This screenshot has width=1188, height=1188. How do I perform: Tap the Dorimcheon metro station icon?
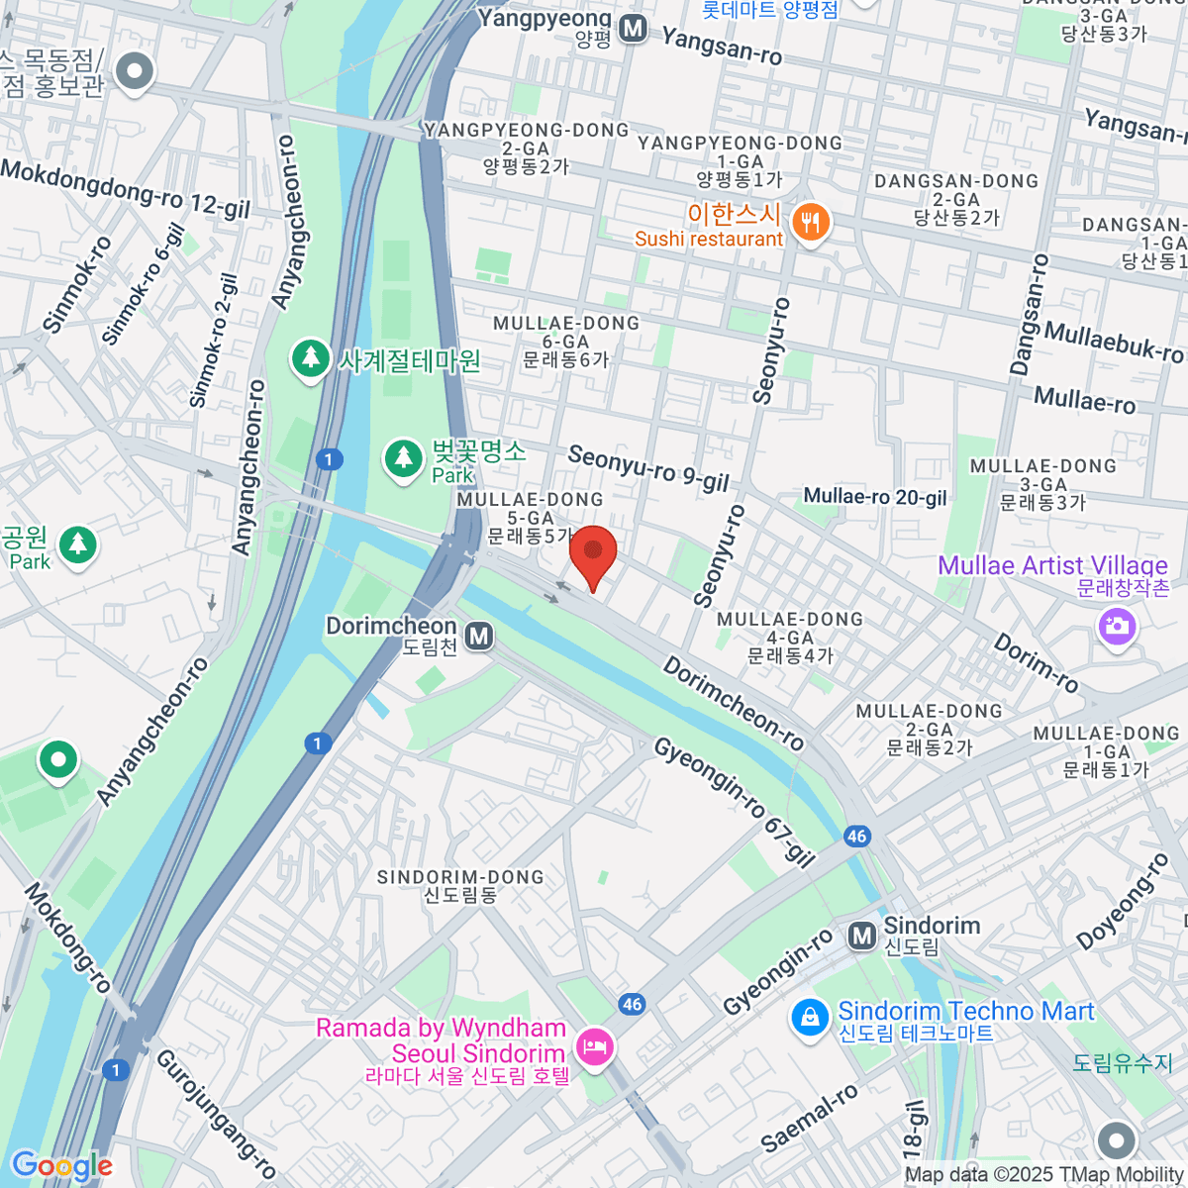click(x=479, y=637)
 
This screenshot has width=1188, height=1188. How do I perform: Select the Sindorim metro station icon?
click(x=862, y=935)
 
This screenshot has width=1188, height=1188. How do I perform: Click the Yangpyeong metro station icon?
click(x=634, y=30)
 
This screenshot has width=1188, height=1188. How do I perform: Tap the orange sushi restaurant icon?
click(x=812, y=223)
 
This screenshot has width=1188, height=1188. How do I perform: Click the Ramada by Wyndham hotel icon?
click(x=594, y=1046)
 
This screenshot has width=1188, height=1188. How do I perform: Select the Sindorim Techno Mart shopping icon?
click(x=810, y=1018)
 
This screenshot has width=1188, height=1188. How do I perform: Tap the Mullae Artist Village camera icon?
click(x=1117, y=626)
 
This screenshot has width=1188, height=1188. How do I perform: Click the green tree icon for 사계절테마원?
click(x=311, y=358)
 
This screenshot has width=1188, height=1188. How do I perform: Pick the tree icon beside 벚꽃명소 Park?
click(x=403, y=458)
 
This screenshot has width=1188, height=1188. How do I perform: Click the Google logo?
click(x=61, y=1165)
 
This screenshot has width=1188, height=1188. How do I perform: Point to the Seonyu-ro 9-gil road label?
click(x=648, y=468)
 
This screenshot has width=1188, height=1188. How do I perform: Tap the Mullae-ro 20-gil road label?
click(x=874, y=496)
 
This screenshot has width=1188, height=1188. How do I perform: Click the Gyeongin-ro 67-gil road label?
click(x=734, y=802)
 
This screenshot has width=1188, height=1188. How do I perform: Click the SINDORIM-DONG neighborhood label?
click(x=460, y=885)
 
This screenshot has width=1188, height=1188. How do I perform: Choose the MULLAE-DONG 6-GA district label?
click(x=566, y=341)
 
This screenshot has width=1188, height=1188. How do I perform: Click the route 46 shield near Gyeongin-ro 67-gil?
click(x=856, y=836)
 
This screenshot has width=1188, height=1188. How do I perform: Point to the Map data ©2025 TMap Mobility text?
click(x=1043, y=1175)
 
